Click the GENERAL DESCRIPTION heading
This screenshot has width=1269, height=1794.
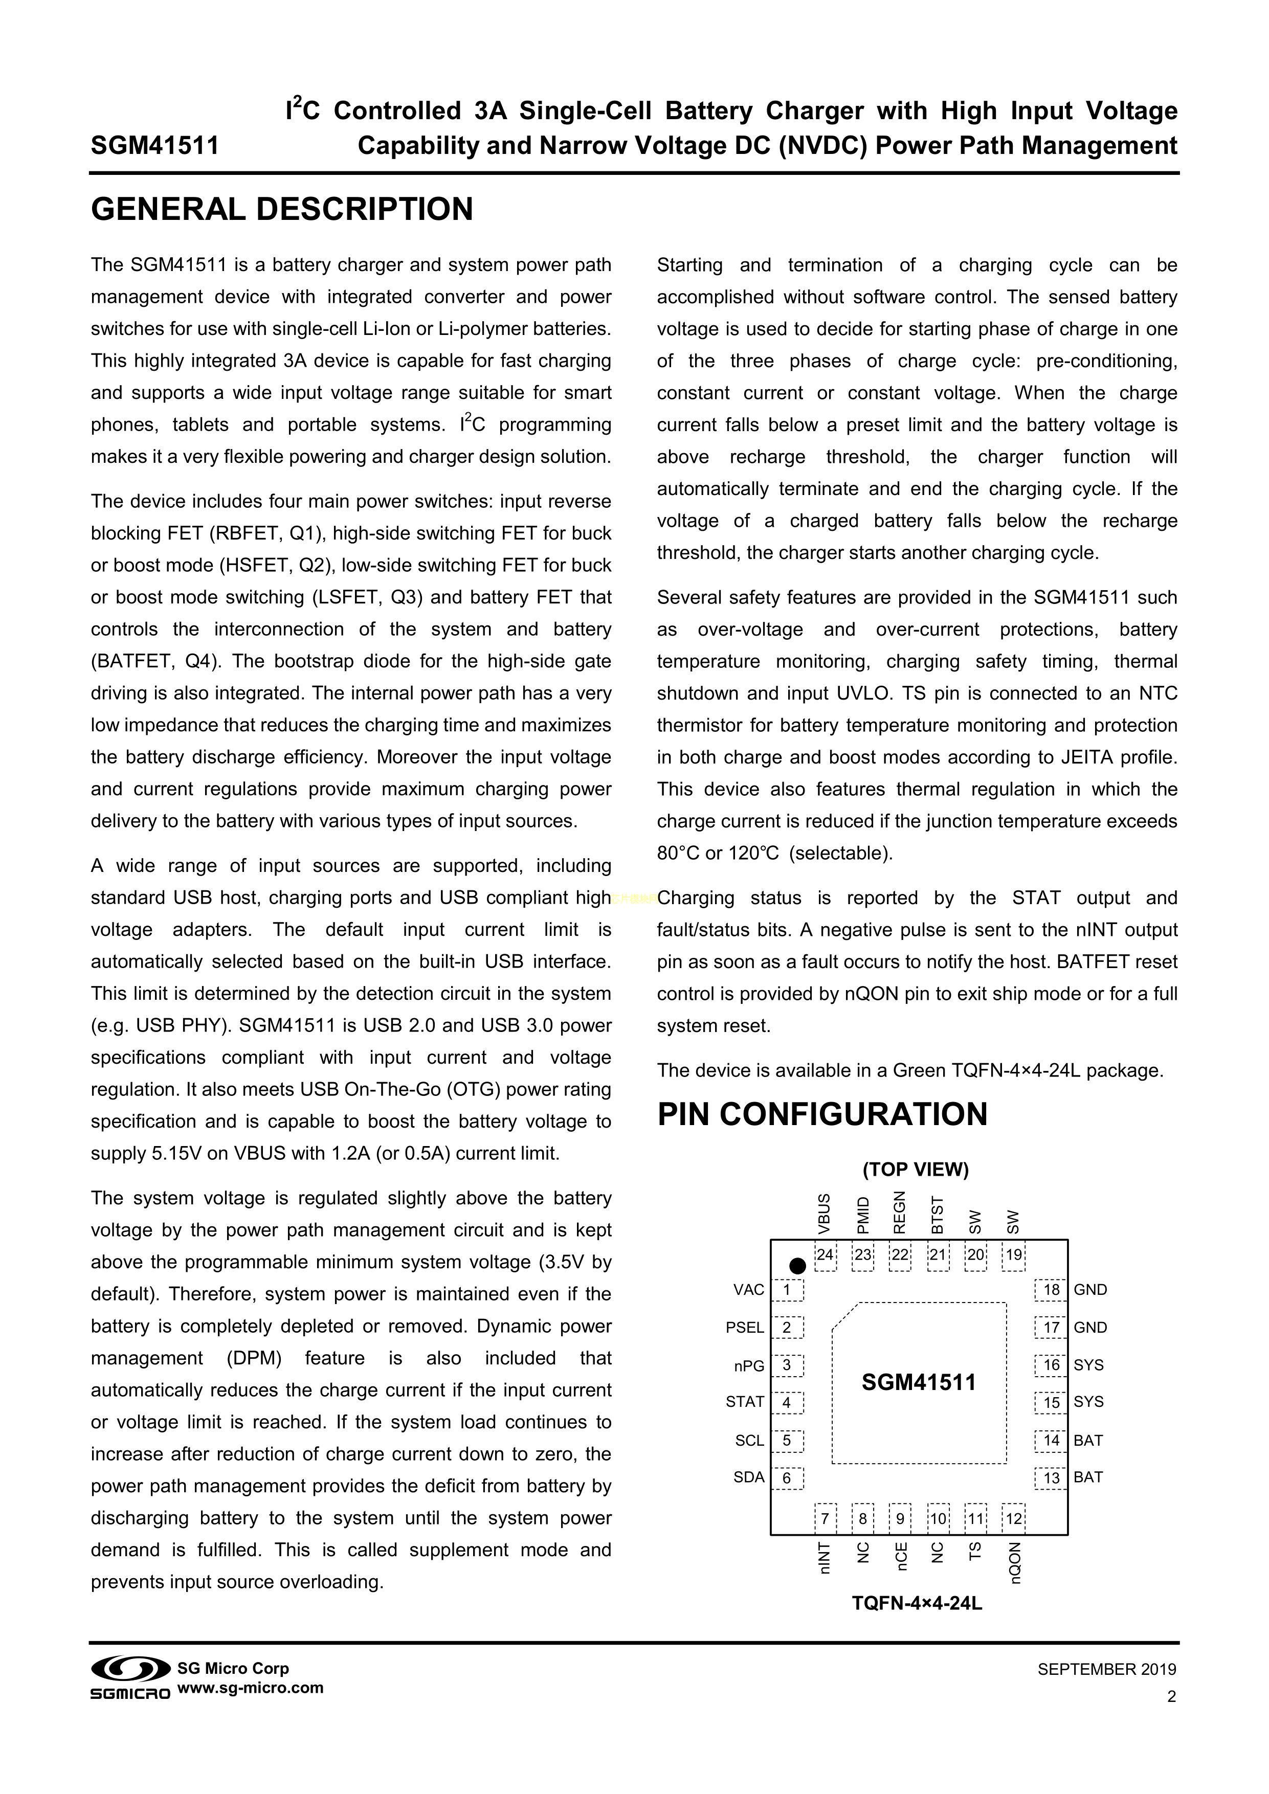pos(282,209)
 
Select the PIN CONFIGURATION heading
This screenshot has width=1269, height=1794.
pos(822,1114)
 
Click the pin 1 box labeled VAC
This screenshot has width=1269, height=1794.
pos(787,1290)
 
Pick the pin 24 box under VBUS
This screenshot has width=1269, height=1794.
pos(825,1255)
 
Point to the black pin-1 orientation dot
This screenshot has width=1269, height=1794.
pos(797,1265)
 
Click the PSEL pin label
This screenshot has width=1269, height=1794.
pos(745,1328)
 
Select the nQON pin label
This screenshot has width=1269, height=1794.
pos(1015,1563)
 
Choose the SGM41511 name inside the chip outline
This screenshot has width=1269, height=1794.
pos(919,1383)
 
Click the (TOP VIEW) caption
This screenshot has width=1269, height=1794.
pos(916,1170)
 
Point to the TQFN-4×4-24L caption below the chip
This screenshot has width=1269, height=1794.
pos(917,1603)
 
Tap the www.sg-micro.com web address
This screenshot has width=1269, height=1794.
pos(251,1688)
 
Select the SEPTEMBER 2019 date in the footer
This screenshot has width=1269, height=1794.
pos(1106,1670)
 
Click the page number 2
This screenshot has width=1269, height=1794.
pos(1171,1696)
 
